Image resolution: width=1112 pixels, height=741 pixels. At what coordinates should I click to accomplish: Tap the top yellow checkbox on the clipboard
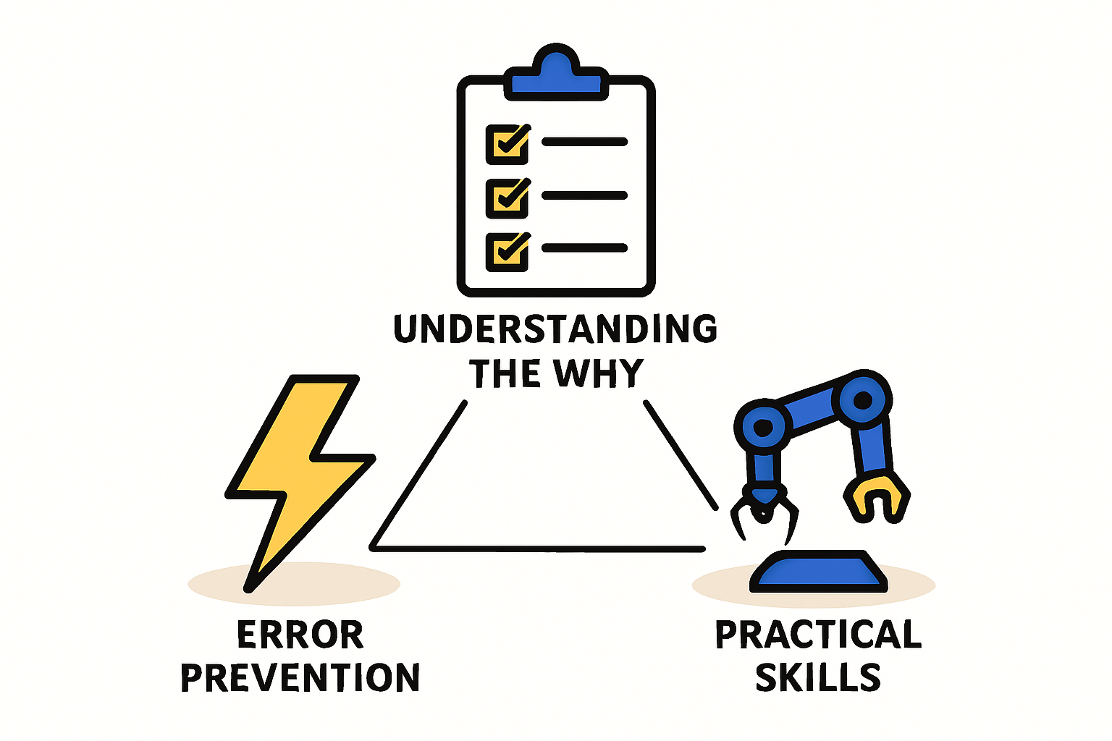pyautogui.click(x=507, y=145)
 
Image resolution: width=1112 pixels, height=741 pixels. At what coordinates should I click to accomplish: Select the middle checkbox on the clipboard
pyautogui.click(x=507, y=198)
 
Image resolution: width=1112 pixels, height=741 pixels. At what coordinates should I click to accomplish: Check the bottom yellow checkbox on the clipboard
pyautogui.click(x=507, y=252)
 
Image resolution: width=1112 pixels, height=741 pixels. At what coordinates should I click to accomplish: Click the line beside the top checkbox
pyautogui.click(x=584, y=142)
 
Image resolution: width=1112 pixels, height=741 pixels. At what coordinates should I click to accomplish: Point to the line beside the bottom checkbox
pyautogui.click(x=584, y=247)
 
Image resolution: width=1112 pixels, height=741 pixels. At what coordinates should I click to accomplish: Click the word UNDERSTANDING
pyautogui.click(x=555, y=329)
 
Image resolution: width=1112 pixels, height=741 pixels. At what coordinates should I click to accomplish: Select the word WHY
pyautogui.click(x=599, y=373)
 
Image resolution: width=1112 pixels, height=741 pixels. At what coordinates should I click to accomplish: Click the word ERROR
pyautogui.click(x=300, y=635)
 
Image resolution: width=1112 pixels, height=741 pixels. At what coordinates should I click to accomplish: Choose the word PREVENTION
pyautogui.click(x=300, y=677)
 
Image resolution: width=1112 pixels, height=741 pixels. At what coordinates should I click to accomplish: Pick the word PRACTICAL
pyautogui.click(x=818, y=635)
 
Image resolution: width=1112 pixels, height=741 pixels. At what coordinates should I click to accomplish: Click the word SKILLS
pyautogui.click(x=818, y=677)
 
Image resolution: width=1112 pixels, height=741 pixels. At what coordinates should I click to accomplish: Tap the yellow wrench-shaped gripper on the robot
pyautogui.click(x=877, y=498)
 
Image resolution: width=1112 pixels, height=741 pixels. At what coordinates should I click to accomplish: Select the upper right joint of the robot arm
pyautogui.click(x=863, y=399)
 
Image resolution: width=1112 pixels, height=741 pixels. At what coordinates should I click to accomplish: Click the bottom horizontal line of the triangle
pyautogui.click(x=537, y=549)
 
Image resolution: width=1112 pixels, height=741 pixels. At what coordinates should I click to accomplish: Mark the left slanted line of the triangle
pyautogui.click(x=418, y=474)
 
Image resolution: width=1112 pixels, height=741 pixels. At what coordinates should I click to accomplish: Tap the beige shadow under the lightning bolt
pyautogui.click(x=294, y=584)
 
